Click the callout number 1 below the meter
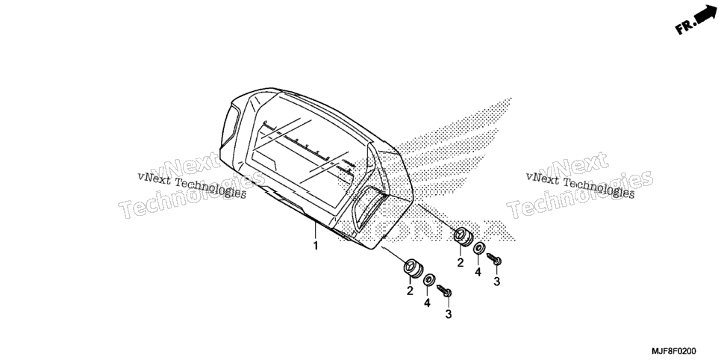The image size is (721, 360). [x=316, y=246]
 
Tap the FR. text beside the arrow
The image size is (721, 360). [x=684, y=27]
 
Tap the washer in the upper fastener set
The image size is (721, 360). [x=478, y=248]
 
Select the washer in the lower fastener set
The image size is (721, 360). [x=430, y=279]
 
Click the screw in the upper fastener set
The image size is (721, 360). [x=494, y=259]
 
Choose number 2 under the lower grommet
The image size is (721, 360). [x=410, y=291]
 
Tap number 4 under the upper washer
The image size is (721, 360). [x=478, y=273]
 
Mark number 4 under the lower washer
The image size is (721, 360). [x=427, y=303]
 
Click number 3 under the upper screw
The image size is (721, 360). [x=496, y=282]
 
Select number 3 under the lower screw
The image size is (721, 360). [x=449, y=314]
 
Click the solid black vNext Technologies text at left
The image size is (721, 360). [x=192, y=185]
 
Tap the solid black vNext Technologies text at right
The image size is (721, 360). [x=580, y=185]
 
